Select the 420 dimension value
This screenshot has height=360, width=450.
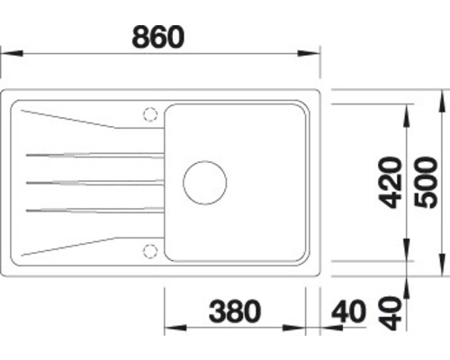click(390, 184)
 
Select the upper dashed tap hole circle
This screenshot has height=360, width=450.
click(149, 113)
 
